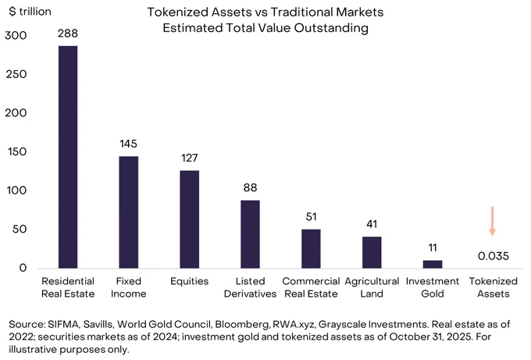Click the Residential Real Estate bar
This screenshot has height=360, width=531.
68,157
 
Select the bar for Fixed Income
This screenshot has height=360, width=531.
129,212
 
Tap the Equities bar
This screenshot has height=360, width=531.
189,219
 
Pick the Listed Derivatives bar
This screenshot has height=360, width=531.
250,234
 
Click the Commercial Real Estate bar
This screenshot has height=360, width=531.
311,249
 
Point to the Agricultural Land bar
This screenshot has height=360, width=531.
372,253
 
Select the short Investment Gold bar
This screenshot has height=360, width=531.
433,265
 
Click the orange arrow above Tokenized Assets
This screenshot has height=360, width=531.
493,221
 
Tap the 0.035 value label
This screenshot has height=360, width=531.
494,256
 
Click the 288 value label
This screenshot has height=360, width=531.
68,34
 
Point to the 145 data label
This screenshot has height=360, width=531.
128,144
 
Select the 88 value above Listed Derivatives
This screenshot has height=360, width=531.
250,187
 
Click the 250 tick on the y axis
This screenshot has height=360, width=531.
16,74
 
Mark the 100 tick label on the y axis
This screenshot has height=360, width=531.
16,191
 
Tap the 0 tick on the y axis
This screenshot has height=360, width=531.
23,268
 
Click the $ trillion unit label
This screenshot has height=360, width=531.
30,12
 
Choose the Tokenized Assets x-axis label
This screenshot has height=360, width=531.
494,287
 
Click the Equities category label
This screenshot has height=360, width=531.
189,281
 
